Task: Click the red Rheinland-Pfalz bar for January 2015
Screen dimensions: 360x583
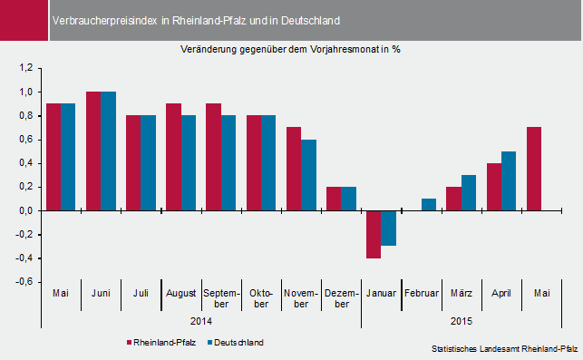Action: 373,234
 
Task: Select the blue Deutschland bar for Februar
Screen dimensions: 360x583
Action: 428,204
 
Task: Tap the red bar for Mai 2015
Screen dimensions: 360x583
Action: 533,169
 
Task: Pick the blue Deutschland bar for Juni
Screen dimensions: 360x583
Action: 108,151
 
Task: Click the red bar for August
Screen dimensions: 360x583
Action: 173,157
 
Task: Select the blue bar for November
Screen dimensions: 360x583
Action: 308,174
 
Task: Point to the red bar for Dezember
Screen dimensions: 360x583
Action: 333,199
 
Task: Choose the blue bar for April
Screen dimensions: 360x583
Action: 508,180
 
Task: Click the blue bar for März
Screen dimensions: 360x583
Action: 468,192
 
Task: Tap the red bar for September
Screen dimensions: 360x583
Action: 213,157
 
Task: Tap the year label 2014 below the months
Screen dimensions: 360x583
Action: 201,321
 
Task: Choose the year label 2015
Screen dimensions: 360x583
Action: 462,321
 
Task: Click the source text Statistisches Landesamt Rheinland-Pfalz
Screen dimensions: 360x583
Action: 504,348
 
